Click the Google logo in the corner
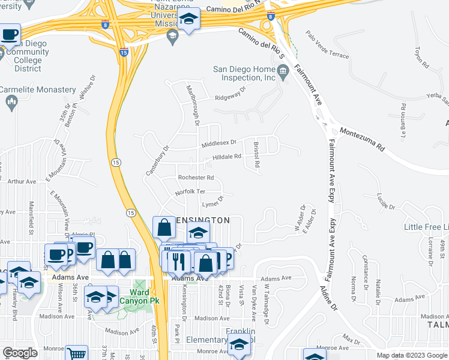20,353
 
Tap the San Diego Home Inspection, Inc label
244,73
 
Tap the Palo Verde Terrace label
327,46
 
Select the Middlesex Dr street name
219,143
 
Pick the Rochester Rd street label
196,178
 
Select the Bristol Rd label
256,154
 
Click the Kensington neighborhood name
203,220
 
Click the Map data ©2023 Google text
411,355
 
